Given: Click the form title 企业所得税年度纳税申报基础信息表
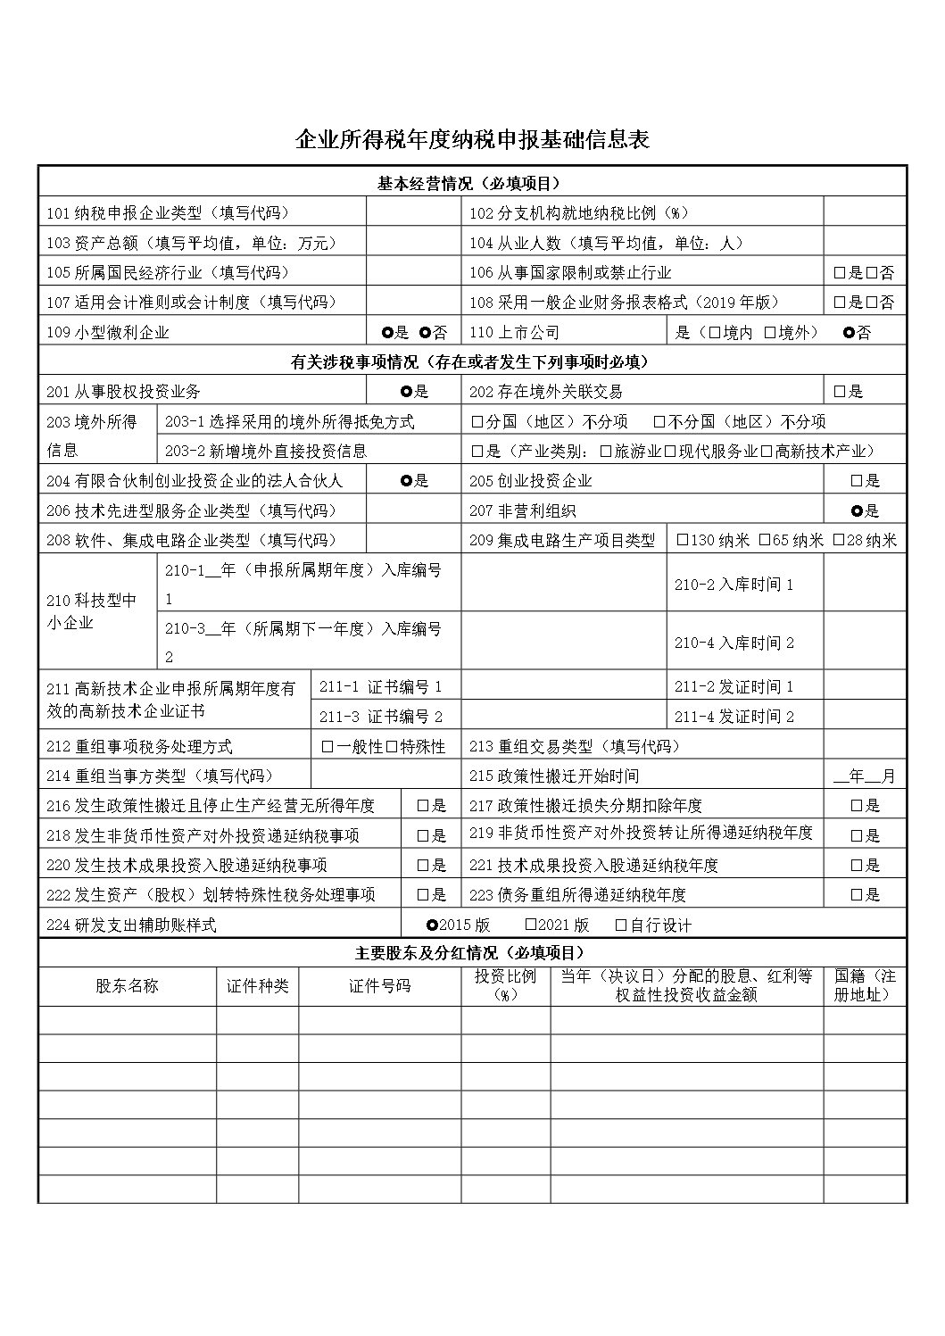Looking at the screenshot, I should point(472,140).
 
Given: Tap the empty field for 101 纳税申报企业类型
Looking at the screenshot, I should point(412,213).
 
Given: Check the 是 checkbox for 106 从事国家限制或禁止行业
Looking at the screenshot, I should point(840,273).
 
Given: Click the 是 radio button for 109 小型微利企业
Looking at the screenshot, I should point(387,333).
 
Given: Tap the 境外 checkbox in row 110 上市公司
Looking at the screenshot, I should point(770,333).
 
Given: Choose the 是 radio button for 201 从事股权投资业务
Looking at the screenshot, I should point(407,391).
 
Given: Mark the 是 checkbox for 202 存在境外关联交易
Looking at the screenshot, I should point(840,391).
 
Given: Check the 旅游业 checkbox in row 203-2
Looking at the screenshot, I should point(606,451).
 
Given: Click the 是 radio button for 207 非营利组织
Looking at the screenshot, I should point(857,510).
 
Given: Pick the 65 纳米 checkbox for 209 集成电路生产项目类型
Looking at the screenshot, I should point(765,540).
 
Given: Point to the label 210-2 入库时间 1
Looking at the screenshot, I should point(734,585).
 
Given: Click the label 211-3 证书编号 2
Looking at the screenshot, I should point(380,717).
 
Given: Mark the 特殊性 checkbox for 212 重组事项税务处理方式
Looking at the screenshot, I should point(392,746).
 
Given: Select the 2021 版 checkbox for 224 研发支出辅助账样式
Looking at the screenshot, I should point(531,925).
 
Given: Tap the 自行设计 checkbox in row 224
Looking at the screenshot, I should point(621,925).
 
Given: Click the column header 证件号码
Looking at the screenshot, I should point(379,986).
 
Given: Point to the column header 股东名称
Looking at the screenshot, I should point(127,986).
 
